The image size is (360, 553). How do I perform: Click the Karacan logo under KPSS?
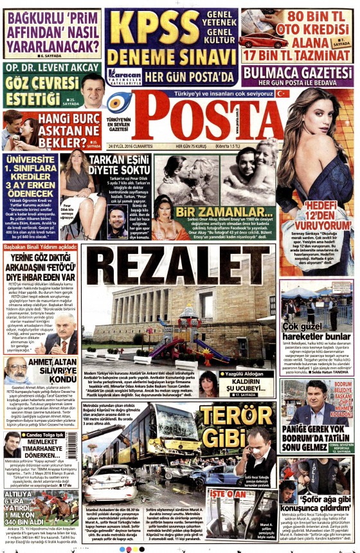[124, 77]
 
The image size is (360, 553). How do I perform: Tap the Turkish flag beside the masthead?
[282, 93]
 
